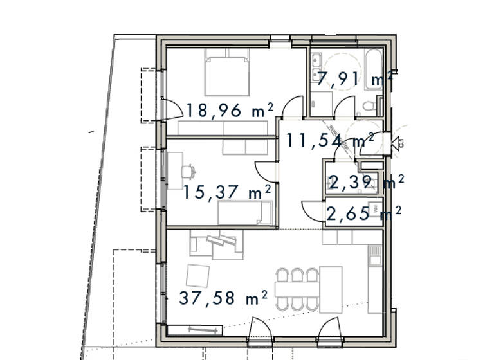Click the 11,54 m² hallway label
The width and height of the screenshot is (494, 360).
[330, 140]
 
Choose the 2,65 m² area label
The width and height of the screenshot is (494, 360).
[364, 213]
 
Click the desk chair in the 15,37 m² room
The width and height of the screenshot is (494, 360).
[188, 172]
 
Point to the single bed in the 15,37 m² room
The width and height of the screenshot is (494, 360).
[244, 212]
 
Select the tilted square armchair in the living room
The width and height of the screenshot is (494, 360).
[197, 276]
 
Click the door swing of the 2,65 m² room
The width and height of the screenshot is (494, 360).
[313, 210]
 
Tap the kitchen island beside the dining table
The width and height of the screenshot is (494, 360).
[331, 289]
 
